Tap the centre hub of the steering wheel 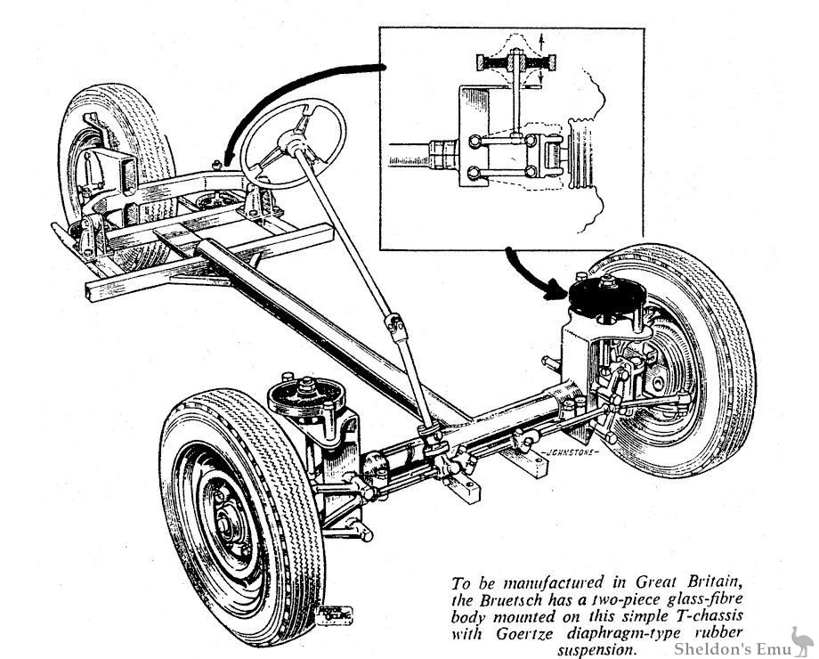click(291, 138)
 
